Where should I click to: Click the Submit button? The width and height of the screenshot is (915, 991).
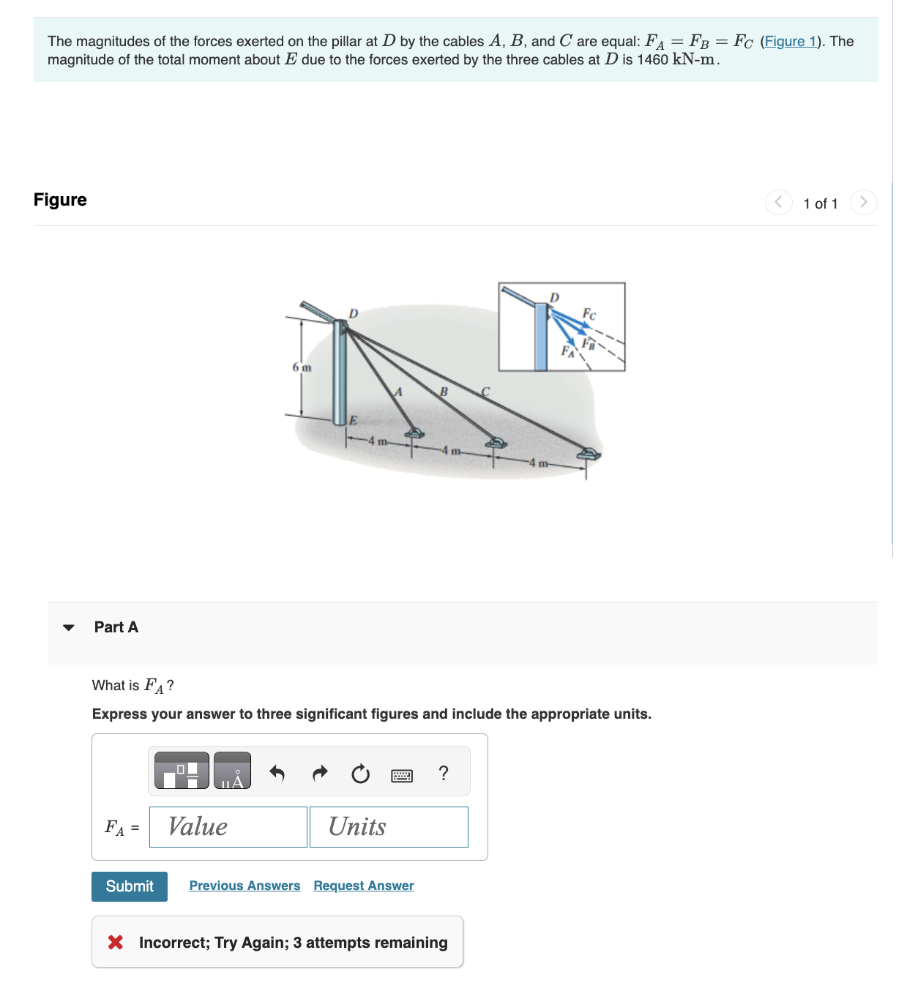[130, 886]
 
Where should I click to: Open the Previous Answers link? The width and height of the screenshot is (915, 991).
[244, 886]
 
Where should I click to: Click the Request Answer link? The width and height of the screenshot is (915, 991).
[363, 886]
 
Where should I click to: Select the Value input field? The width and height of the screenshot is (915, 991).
[228, 827]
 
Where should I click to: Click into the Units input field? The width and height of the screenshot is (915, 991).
[389, 827]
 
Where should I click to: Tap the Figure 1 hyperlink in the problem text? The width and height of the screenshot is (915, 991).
[791, 42]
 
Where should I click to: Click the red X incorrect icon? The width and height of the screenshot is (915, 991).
[116, 942]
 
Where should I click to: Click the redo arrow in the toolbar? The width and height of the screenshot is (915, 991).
[320, 773]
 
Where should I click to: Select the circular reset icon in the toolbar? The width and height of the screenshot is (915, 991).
[360, 774]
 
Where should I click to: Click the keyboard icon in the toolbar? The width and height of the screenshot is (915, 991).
[402, 775]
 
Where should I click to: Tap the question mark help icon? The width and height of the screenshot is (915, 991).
[444, 773]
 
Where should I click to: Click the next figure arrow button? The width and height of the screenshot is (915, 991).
[863, 202]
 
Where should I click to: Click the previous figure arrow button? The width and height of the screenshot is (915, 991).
[778, 202]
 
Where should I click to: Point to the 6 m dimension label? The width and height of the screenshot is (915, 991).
[302, 367]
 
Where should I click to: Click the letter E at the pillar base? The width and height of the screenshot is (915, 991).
[353, 420]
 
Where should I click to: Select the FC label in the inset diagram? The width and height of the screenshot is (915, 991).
[589, 314]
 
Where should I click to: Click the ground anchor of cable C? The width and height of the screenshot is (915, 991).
[588, 455]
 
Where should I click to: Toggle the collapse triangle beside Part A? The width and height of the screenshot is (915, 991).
[69, 627]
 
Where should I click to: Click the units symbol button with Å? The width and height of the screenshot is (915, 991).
[232, 771]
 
